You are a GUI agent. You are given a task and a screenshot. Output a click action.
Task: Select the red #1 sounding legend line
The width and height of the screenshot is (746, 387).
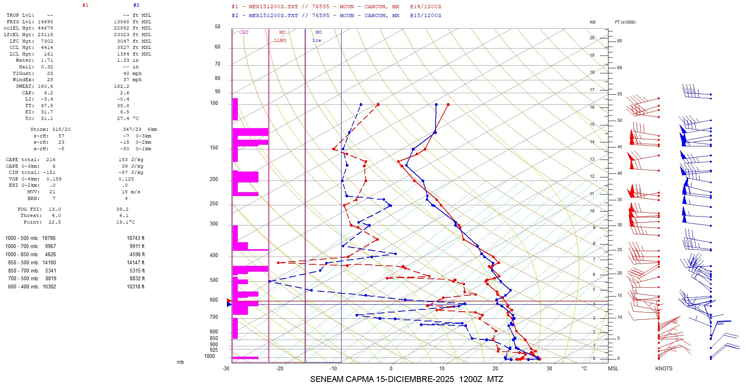[x=336, y=7]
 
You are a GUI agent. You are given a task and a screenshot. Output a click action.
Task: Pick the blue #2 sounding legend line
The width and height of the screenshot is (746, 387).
[x=336, y=16]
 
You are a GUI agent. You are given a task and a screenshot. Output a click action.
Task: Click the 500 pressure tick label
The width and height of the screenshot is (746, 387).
[x=214, y=280]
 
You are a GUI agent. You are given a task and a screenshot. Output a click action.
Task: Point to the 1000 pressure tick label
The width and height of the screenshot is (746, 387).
[x=209, y=356]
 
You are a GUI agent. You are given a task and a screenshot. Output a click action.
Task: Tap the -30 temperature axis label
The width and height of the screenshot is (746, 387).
[x=226, y=368]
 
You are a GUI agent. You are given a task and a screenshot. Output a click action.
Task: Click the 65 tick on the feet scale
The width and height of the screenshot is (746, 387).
[x=619, y=41]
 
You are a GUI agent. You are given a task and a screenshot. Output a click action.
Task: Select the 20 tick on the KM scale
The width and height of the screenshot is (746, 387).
[x=592, y=38]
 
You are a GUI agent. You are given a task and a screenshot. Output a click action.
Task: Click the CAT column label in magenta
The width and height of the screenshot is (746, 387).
[x=244, y=32]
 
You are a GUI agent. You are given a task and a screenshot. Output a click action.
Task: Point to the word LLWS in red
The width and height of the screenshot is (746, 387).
[x=280, y=40]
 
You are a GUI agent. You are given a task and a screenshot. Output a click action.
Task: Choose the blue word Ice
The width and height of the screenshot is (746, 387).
[x=317, y=40]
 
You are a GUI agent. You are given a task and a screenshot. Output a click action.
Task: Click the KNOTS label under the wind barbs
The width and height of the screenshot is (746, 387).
[x=664, y=368]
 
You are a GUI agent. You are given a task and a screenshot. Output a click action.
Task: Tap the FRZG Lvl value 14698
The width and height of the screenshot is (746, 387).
[x=45, y=22]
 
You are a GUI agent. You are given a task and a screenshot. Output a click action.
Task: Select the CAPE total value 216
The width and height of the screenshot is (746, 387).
[x=51, y=160]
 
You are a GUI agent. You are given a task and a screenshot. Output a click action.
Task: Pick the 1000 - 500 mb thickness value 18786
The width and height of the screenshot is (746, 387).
[x=49, y=238]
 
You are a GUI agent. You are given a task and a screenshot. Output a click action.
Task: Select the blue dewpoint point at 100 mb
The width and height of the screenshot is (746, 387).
[x=361, y=104]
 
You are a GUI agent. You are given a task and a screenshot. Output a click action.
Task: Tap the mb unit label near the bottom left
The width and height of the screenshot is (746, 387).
[x=180, y=362]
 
